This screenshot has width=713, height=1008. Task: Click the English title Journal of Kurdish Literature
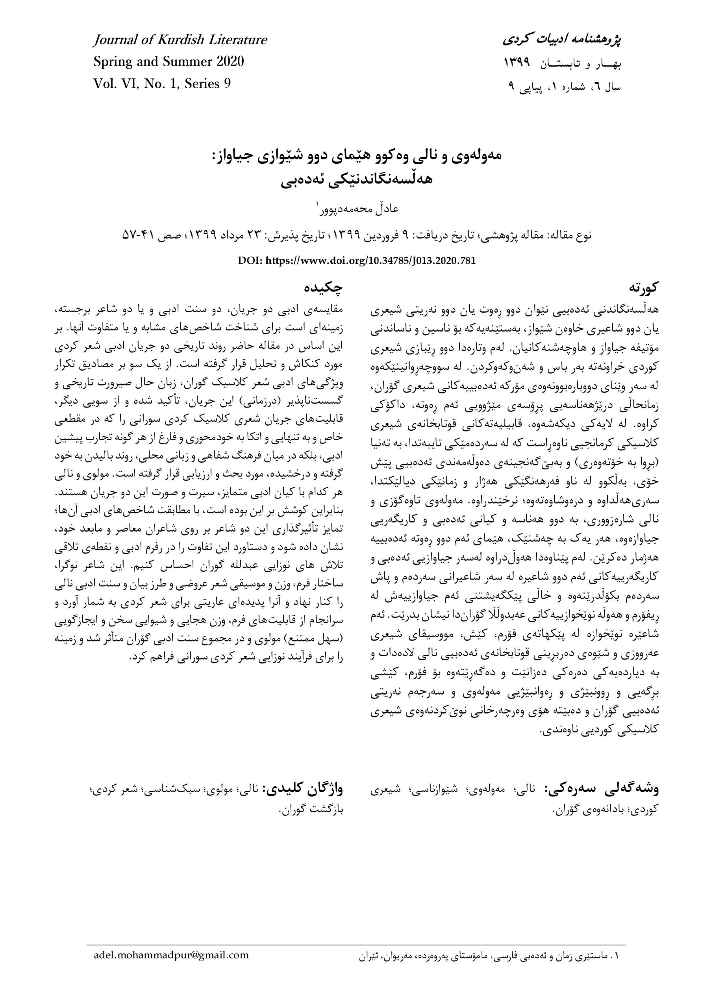pyautogui.click(x=180, y=41)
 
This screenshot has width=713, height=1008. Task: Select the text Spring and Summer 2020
pyautogui.click(x=169, y=62)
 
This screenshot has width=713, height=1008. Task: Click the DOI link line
pyautogui.click(x=357, y=260)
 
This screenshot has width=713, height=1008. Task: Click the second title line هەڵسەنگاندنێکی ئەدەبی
pyautogui.click(x=357, y=180)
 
